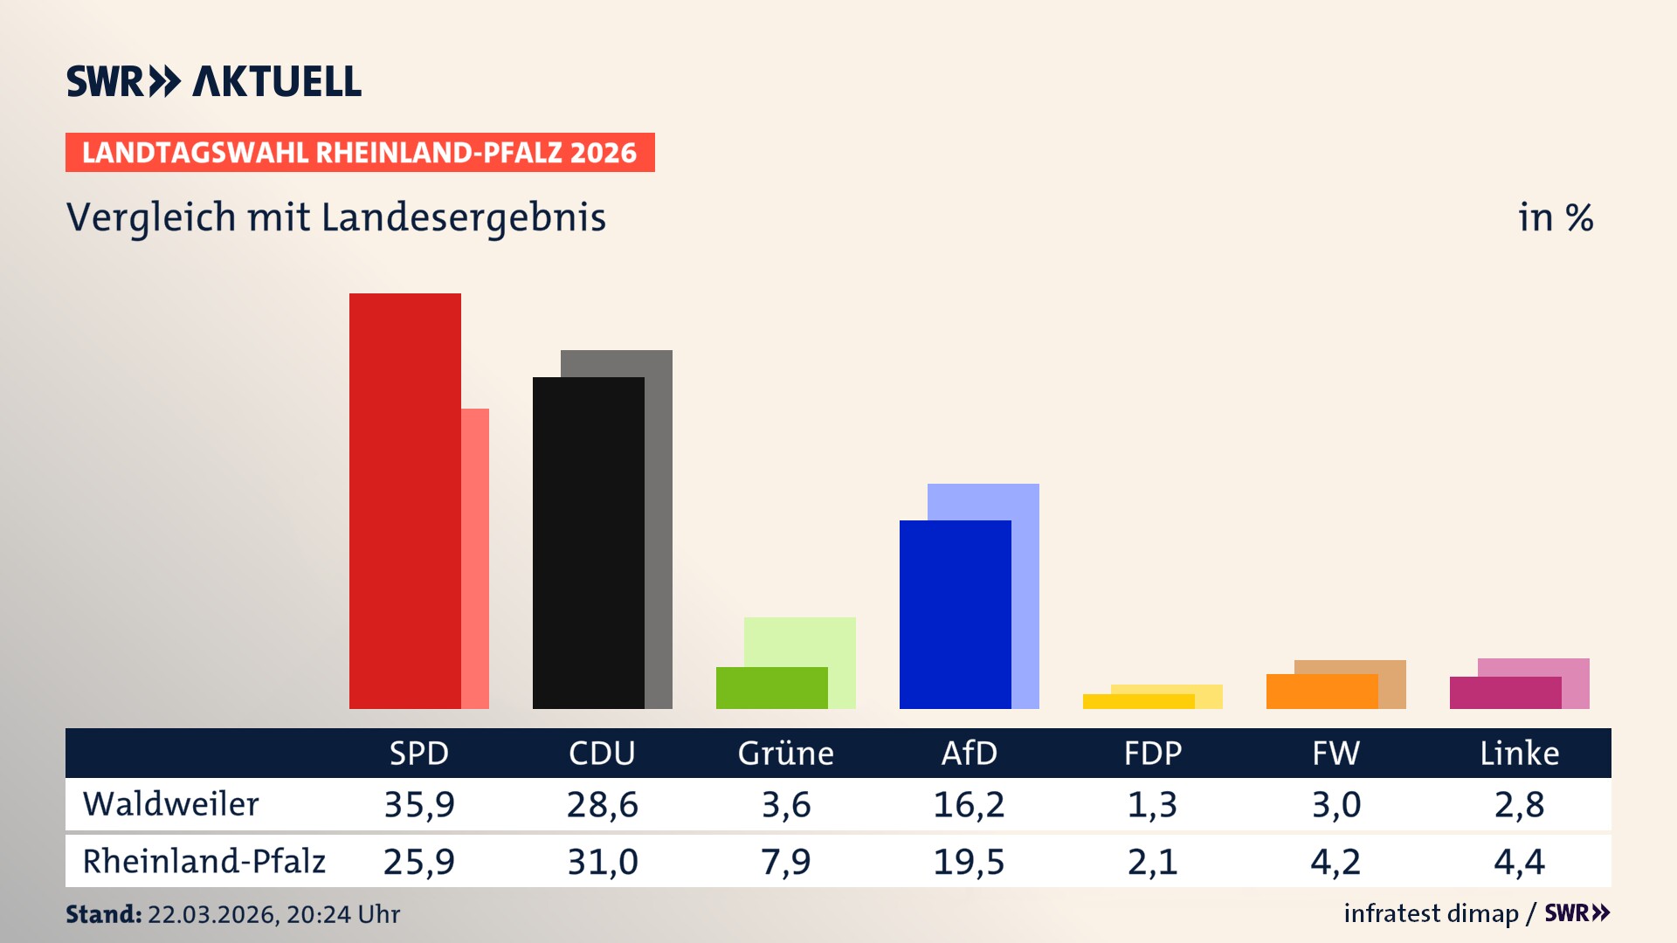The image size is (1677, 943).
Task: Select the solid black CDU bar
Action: (588, 542)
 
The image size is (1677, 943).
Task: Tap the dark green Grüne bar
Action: (771, 688)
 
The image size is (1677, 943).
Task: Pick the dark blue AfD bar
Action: (955, 614)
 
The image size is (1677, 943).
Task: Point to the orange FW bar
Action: (1322, 692)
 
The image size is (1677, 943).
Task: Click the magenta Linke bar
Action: (1505, 693)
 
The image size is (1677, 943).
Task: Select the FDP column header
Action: (1152, 753)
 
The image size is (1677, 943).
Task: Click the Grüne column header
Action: (785, 753)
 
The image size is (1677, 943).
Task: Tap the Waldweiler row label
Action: (170, 804)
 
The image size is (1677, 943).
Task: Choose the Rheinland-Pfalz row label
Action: (204, 862)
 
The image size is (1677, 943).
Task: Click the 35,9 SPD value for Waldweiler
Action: (419, 804)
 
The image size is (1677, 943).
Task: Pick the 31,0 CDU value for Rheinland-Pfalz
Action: (603, 862)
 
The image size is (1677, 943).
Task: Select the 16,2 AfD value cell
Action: (969, 804)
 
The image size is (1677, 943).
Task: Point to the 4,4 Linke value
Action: (1519, 862)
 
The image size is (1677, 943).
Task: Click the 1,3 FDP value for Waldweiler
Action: (1152, 804)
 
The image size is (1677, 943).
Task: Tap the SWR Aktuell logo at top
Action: (214, 81)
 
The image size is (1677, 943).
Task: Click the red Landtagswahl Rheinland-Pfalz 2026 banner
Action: (359, 153)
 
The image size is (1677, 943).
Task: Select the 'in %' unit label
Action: (1555, 217)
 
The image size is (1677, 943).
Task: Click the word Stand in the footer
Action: (103, 914)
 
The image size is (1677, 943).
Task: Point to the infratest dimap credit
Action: (1431, 913)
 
